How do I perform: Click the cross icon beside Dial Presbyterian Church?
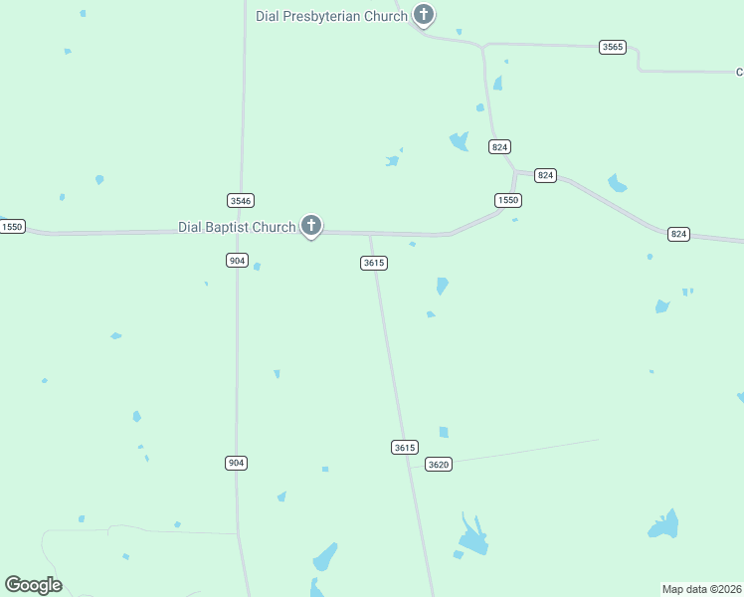point(424,15)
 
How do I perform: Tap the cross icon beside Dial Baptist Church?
point(311,226)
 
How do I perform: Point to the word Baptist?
point(229,227)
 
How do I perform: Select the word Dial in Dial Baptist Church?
point(190,227)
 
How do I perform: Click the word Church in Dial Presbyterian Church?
point(385,16)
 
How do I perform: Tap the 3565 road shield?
point(613,47)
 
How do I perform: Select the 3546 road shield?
point(240,199)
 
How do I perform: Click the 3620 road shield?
point(438,464)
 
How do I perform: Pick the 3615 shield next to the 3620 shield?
point(404,448)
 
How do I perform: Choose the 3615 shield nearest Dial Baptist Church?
point(373,263)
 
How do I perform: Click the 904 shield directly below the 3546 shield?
point(236,260)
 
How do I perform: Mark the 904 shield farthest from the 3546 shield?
point(236,463)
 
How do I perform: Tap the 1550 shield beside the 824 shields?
point(508,200)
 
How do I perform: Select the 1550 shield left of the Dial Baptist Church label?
point(12,227)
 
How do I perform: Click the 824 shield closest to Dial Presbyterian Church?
point(499,146)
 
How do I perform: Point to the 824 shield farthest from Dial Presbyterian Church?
point(678,234)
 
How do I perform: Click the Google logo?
point(33,585)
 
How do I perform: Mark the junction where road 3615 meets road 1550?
point(370,235)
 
